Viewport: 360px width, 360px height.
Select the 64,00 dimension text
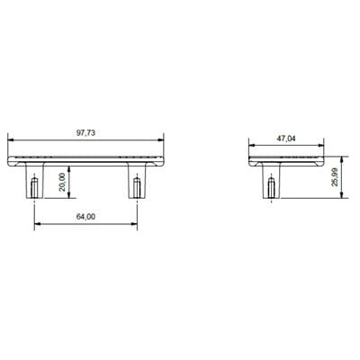[86, 216]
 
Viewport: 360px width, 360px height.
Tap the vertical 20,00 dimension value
[60, 182]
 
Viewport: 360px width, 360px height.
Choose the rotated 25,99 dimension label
[335, 178]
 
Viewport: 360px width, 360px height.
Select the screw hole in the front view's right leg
[138, 187]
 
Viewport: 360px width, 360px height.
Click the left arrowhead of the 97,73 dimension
[11, 138]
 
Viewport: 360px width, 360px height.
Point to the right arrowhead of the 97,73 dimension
[163, 138]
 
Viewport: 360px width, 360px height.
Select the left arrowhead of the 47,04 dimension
[252, 145]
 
